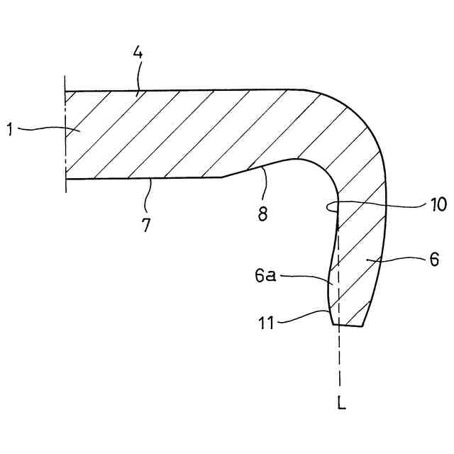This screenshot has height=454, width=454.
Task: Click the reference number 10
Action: tap(438, 206)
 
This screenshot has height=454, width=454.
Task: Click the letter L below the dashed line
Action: tap(343, 405)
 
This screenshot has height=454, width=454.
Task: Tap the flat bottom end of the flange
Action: tap(350, 326)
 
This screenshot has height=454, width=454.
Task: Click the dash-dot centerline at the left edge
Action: tap(65, 135)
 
